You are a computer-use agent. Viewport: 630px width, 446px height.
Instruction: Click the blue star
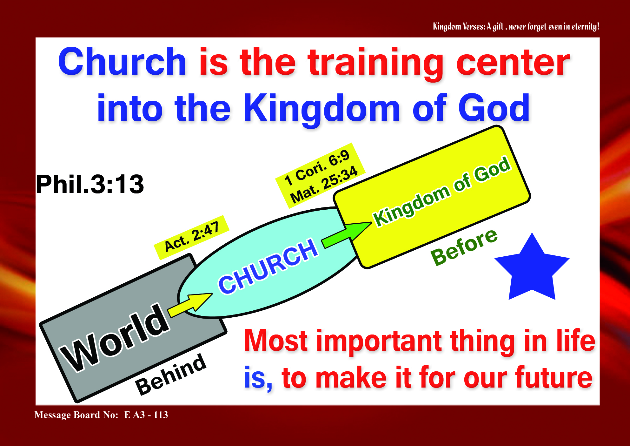coord(532,270)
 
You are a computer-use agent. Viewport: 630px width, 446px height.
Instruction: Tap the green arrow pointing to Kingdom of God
coord(347,234)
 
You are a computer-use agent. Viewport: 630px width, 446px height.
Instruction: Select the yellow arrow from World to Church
coord(190,305)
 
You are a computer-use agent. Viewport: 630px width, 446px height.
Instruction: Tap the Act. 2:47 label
coord(191,237)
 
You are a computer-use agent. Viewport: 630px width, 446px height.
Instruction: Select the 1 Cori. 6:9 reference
coord(317,167)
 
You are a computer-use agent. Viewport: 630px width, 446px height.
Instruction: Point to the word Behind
coord(171,375)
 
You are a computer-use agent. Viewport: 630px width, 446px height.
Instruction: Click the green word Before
coord(464,247)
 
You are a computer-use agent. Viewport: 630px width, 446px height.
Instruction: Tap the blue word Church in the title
coord(122,62)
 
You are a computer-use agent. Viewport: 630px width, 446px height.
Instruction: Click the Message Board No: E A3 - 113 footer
coord(101,415)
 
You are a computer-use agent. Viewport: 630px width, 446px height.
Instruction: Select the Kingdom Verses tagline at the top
coord(516,26)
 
